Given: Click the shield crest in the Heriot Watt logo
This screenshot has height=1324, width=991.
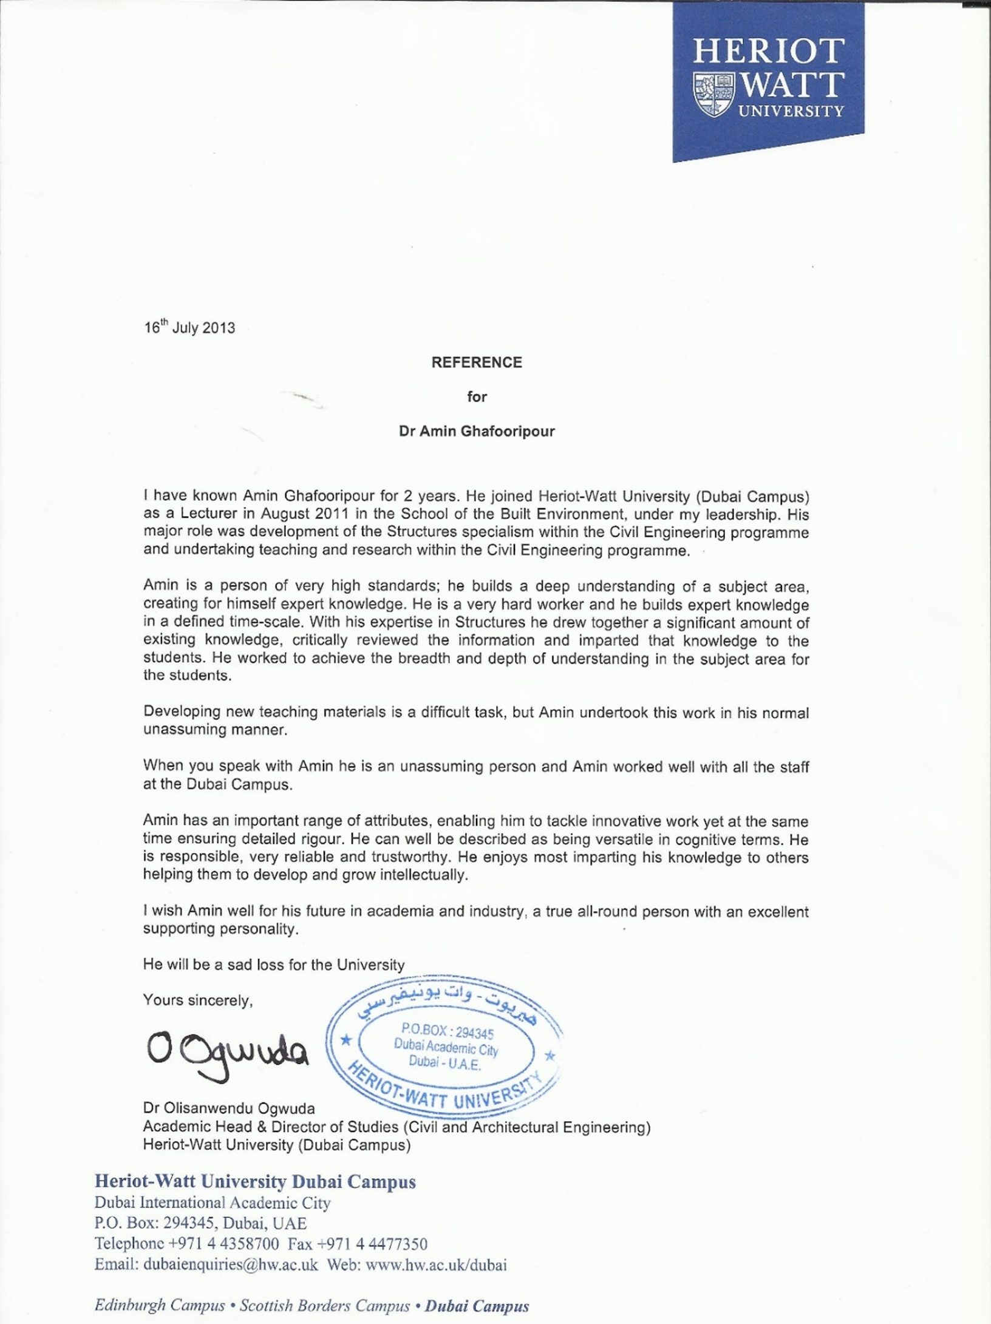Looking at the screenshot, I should pyautogui.click(x=712, y=94).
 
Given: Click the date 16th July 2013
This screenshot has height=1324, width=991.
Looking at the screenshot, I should pyautogui.click(x=189, y=328).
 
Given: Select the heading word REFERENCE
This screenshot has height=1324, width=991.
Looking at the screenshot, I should pyautogui.click(x=476, y=362).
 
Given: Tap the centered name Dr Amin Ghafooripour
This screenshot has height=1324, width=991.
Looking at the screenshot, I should pyautogui.click(x=476, y=431).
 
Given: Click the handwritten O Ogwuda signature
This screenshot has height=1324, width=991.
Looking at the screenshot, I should pyautogui.click(x=226, y=1056).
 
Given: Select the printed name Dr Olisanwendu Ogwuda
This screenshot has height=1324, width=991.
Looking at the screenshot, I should pyautogui.click(x=229, y=1108).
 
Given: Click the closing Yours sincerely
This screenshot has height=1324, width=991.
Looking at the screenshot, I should pyautogui.click(x=197, y=1000).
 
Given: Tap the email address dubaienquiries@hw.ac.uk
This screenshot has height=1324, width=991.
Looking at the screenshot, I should pyautogui.click(x=230, y=1265).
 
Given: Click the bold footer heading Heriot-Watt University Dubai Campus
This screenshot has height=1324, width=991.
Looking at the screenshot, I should pyautogui.click(x=255, y=1181).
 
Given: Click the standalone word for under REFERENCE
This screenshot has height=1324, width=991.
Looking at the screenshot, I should pyautogui.click(x=477, y=396).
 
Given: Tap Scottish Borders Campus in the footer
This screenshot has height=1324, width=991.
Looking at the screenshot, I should pyautogui.click(x=324, y=1305).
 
